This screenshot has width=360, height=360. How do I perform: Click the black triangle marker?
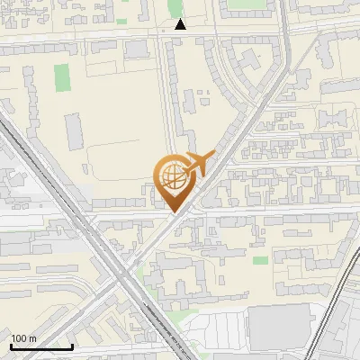pos(181,24)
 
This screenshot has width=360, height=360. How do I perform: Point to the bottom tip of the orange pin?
pos(174,212)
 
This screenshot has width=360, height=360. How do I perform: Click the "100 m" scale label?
pos(23,338)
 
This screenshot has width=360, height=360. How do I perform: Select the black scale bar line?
pos(41,346)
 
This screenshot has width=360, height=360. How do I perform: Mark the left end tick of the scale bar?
pos(11,346)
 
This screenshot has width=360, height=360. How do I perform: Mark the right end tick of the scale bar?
pos(72,346)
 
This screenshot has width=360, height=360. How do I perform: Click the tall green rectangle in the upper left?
pos(61,77)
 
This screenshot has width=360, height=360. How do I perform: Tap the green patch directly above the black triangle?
pos(177,7)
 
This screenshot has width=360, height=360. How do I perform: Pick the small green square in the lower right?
pos(260,260)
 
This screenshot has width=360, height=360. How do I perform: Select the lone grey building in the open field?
pos(76,126)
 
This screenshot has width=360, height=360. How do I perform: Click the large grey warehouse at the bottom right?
pos(278,324)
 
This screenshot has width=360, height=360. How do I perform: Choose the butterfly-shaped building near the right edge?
pos(335,119)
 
